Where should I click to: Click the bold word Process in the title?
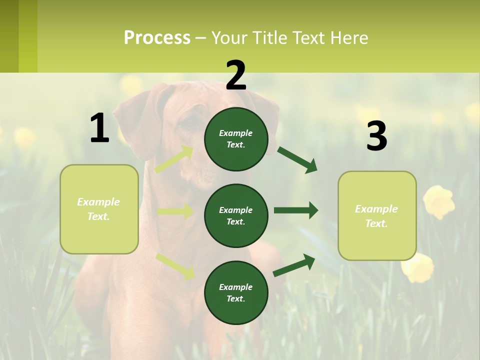pos(157,38)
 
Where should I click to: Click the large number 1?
pos(99,128)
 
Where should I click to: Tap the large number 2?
pos(236,75)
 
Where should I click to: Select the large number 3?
pos(376,136)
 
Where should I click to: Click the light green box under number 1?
pos(99,209)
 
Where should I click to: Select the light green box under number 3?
pos(377,215)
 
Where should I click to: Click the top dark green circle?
pos(236,139)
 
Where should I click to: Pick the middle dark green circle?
pos(236,215)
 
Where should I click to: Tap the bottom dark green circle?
pos(236,292)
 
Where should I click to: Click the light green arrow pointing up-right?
pos(174,159)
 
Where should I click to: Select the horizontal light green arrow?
pos(175,211)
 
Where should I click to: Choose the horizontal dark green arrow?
pos(295,210)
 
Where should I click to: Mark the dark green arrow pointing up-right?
pos(294,265)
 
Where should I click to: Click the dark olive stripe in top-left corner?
pos(9,36)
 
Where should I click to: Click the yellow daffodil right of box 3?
pos(439,201)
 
